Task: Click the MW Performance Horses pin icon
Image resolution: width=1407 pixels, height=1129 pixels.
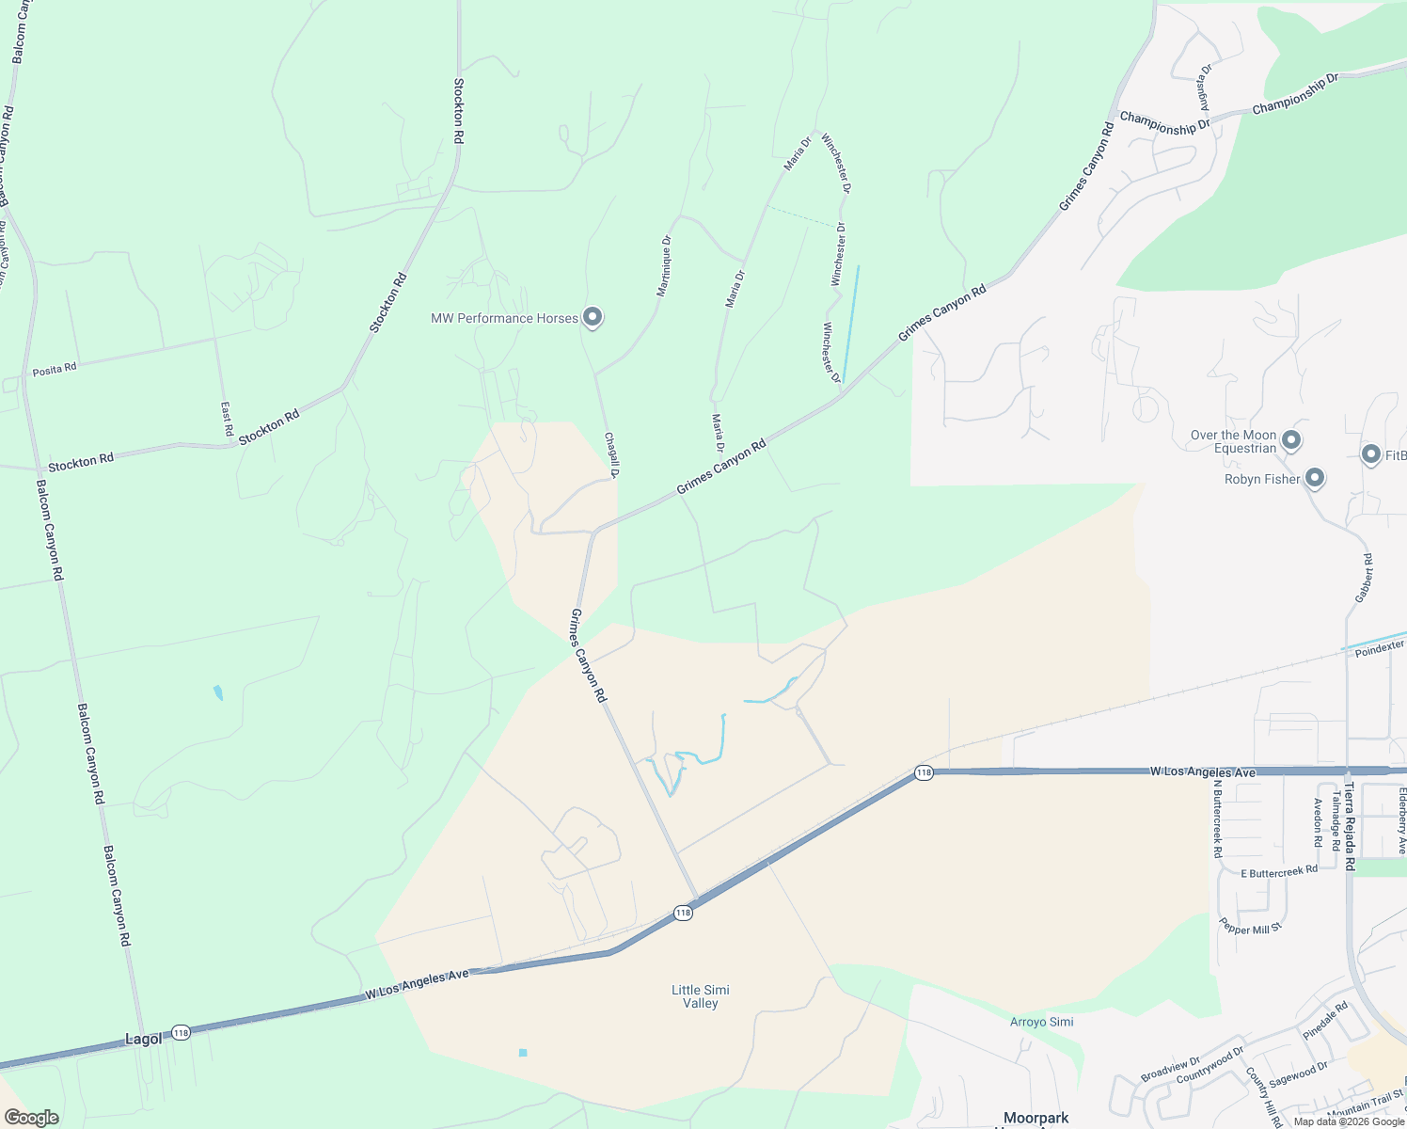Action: click(x=593, y=317)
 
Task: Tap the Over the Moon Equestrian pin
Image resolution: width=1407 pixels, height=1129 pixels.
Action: click(x=1291, y=439)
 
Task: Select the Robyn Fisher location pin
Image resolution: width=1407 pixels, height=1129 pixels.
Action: click(x=1315, y=478)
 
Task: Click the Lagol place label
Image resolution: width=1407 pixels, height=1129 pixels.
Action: click(x=144, y=1039)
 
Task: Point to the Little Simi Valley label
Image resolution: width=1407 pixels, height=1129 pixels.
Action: click(x=701, y=996)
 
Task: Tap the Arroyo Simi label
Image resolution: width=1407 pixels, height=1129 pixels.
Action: click(x=1041, y=1022)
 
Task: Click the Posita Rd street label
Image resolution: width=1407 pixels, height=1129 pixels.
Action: click(x=55, y=370)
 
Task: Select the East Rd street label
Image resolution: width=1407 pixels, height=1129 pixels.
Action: click(x=227, y=418)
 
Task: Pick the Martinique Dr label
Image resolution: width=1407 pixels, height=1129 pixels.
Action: click(x=664, y=266)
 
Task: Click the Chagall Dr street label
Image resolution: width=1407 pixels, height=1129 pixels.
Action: click(x=611, y=454)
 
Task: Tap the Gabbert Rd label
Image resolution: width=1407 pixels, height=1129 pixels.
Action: click(x=1365, y=579)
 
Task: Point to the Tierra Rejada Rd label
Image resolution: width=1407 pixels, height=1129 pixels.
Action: click(x=1350, y=826)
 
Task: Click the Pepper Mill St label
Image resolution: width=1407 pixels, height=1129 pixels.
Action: click(x=1250, y=927)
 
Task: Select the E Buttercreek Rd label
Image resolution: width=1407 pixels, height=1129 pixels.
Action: click(x=1279, y=872)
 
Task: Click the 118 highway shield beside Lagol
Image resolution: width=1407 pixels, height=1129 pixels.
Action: click(x=182, y=1033)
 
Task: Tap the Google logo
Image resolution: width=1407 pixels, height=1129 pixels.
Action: click(x=31, y=1118)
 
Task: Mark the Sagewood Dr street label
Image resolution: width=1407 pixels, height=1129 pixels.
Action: click(x=1298, y=1073)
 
